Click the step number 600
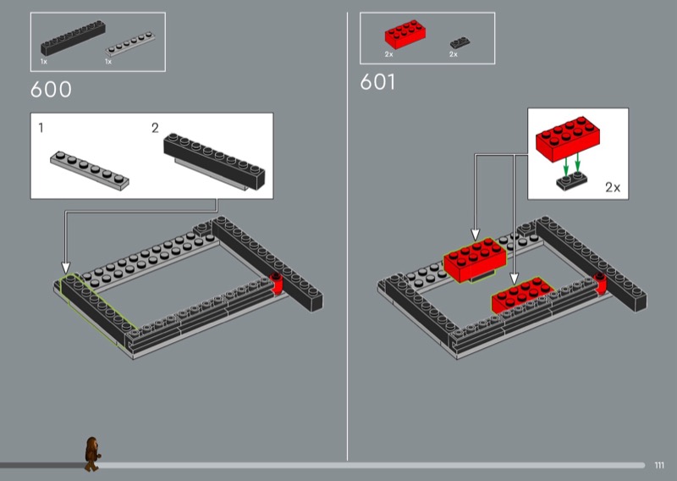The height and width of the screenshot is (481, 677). [x=51, y=90]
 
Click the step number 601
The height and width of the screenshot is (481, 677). [x=377, y=81]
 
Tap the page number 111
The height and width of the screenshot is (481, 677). [x=659, y=466]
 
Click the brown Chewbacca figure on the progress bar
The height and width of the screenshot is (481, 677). [x=92, y=454]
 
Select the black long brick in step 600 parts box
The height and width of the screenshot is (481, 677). [x=73, y=37]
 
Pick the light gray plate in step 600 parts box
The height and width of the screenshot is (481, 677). [x=130, y=44]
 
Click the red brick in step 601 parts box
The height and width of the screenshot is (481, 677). [x=405, y=34]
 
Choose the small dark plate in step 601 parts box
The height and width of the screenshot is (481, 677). [x=460, y=42]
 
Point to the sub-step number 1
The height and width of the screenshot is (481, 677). [x=41, y=128]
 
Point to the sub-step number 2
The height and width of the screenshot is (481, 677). [x=155, y=128]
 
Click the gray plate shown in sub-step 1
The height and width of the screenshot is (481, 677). [x=90, y=171]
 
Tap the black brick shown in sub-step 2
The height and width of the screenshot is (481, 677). [x=214, y=161]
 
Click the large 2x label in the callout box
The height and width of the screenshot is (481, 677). [x=613, y=187]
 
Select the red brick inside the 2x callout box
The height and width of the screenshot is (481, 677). [x=568, y=138]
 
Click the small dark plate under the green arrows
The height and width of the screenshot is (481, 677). [x=572, y=180]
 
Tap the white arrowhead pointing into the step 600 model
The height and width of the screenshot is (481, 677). [x=66, y=268]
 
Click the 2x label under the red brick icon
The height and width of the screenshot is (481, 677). [x=389, y=54]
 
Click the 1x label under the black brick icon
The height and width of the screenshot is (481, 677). [x=44, y=62]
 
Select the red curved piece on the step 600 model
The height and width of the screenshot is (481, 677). [x=277, y=284]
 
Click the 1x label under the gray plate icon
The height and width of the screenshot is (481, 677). [x=108, y=62]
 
